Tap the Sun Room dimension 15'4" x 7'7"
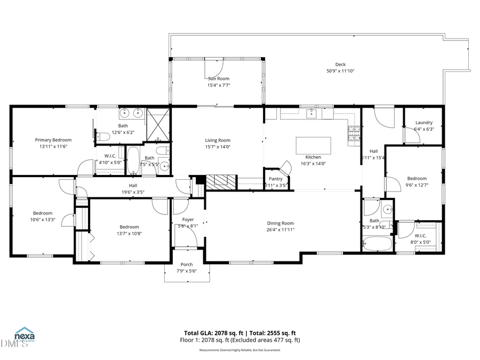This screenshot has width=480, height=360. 218,85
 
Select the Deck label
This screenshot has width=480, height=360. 340,65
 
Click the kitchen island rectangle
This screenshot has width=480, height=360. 314,146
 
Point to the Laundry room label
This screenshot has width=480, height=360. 424,123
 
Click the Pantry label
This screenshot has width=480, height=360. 276,179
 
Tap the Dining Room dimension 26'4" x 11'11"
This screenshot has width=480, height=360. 281,229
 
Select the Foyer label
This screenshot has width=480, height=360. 188,219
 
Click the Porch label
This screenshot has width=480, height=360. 187,265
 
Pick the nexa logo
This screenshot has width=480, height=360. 25,337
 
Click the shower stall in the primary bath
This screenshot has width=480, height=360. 158,124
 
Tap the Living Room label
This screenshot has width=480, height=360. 218,140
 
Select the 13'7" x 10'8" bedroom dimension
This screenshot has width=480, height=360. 129,233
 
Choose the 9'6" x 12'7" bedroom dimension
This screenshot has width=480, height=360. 417,185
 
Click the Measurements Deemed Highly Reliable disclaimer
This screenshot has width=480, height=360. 240,350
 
